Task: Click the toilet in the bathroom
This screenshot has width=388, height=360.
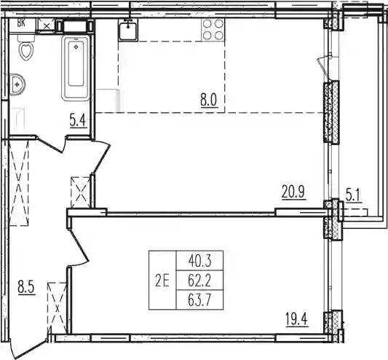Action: point(25,48)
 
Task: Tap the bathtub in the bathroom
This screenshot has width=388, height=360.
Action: point(76,68)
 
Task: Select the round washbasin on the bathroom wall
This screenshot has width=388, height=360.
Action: point(17,85)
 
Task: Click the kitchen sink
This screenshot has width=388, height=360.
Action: point(128,29)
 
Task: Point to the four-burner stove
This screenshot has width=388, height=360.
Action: point(213,30)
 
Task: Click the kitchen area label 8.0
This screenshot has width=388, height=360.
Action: point(209,101)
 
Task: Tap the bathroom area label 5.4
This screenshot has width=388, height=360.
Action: point(78,122)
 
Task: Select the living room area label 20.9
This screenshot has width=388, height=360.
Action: point(293,192)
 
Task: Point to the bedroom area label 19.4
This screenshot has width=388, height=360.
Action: point(296,320)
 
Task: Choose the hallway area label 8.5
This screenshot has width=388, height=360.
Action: point(26,287)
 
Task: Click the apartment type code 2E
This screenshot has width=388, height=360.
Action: point(162,282)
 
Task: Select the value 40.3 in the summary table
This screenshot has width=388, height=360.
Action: point(199,261)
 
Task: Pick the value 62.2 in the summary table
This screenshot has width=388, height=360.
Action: point(199,281)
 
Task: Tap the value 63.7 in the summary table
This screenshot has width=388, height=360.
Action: point(199,301)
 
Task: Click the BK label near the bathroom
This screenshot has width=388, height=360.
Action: point(21,23)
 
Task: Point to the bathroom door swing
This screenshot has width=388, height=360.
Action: point(51,144)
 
